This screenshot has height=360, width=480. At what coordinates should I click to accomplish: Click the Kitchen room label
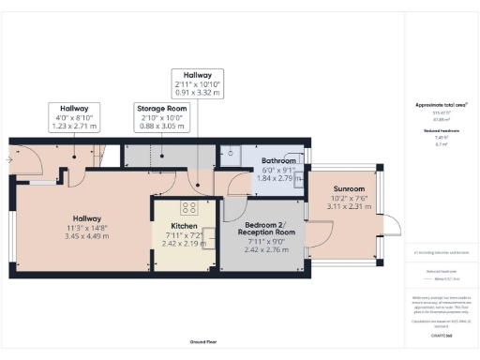pyautogui.click(x=183, y=226)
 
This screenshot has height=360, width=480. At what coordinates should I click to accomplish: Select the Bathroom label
pyautogui.click(x=279, y=161)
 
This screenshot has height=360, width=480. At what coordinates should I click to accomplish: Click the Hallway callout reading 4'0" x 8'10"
pyautogui.click(x=74, y=117)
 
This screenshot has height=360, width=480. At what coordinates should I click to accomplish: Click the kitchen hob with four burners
pyautogui.click(x=187, y=208)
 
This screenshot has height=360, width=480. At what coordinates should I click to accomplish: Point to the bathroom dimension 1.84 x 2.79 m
pyautogui.click(x=279, y=177)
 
